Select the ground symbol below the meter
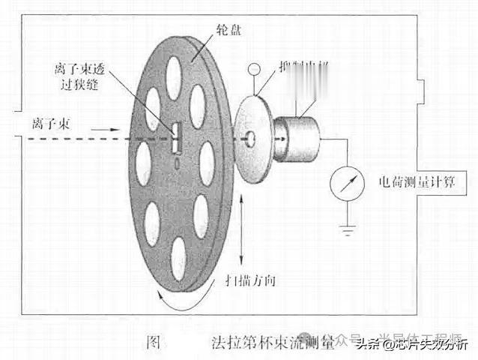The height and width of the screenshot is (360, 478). [347, 226]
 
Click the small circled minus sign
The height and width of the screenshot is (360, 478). [255, 70]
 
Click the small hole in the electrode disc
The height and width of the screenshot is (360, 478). [250, 138]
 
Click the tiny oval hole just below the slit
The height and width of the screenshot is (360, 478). [178, 160]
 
